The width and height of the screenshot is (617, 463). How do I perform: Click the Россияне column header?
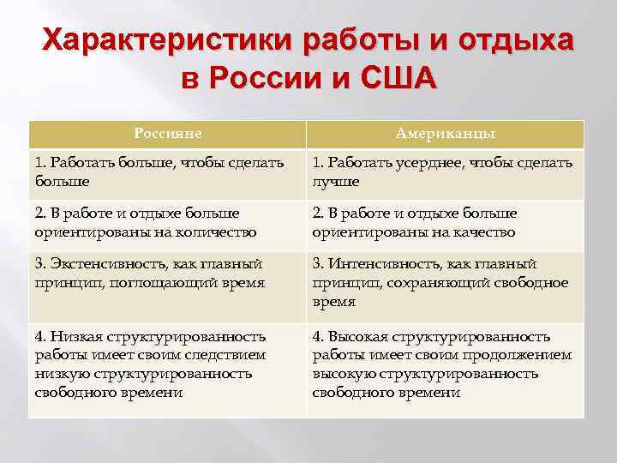tap(168, 134)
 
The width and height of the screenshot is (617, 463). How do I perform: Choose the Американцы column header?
tap(445, 134)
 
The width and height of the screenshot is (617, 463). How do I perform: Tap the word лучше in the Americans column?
tap(336, 182)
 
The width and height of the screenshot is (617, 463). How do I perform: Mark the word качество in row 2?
tap(485, 231)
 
